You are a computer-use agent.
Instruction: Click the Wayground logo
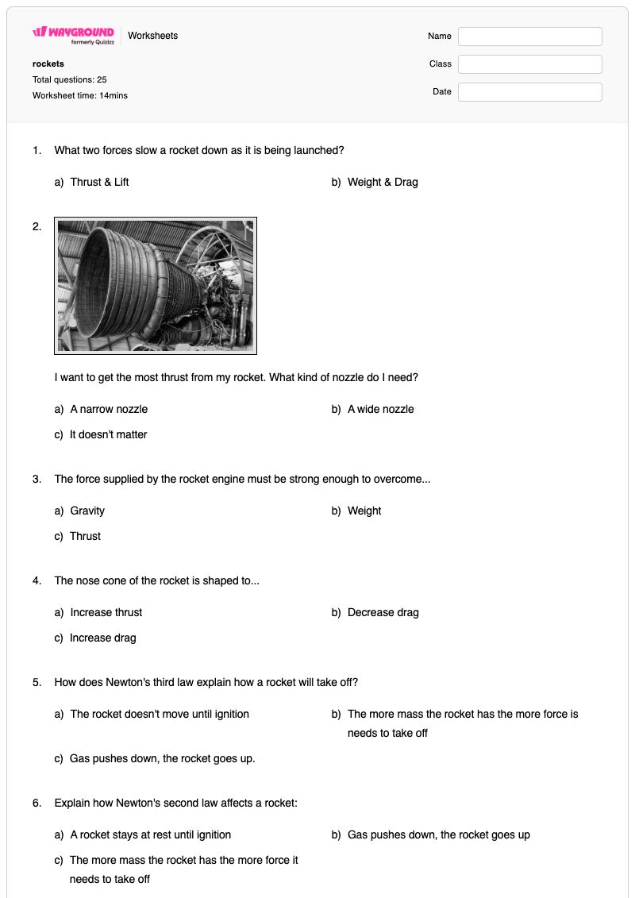[73, 35]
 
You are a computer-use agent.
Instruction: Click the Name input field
[529, 36]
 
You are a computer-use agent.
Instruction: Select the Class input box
[529, 64]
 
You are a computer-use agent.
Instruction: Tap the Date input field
[529, 91]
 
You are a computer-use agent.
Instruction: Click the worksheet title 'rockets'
[48, 64]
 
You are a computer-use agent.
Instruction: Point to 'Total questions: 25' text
[69, 79]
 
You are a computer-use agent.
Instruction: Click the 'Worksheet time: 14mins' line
[80, 95]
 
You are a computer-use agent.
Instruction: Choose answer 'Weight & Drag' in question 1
[383, 182]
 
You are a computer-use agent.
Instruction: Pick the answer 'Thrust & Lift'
[100, 182]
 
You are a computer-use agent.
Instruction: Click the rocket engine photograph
[155, 286]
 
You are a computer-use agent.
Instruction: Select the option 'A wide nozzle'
[381, 409]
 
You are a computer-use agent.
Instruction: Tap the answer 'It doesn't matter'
[108, 434]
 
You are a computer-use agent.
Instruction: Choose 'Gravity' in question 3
[87, 511]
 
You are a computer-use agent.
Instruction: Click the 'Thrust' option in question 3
[85, 536]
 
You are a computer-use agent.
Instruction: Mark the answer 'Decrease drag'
[383, 612]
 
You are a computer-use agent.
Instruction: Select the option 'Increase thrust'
[106, 612]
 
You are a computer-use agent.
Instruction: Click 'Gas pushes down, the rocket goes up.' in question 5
[163, 759]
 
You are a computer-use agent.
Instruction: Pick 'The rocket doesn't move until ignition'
[160, 714]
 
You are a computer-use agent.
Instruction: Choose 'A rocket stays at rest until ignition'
[151, 835]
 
